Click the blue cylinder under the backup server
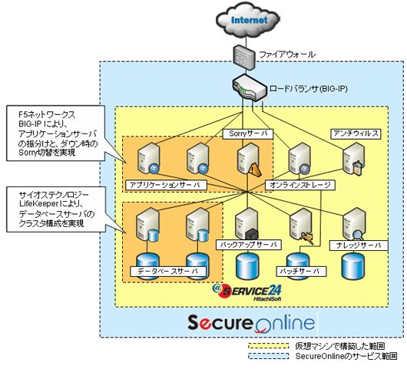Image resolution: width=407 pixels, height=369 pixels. point(247,265)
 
